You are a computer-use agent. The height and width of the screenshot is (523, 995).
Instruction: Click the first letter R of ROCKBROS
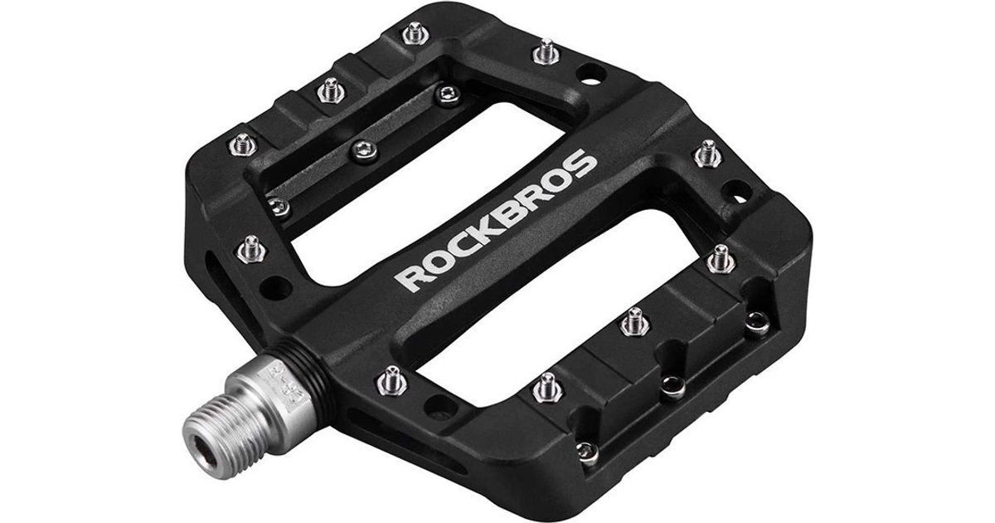point(410,278)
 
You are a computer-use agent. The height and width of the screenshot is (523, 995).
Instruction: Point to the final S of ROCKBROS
point(580,164)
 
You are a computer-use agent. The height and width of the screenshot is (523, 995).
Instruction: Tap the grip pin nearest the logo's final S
point(708,154)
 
